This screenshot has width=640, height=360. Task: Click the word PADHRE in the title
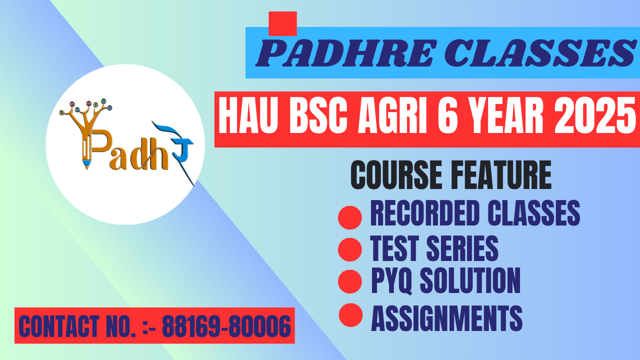(x=346, y=53)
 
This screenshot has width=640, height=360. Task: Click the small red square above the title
(x=282, y=23)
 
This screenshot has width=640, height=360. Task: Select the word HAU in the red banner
(x=248, y=115)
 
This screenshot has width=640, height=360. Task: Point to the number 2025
(x=595, y=115)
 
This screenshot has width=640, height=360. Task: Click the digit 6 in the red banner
(x=447, y=115)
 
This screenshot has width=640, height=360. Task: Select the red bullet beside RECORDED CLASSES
(x=349, y=217)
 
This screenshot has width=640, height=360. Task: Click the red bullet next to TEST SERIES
(x=349, y=249)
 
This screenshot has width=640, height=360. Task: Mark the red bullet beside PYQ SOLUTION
(x=349, y=281)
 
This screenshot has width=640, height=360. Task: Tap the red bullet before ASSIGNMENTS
(x=350, y=315)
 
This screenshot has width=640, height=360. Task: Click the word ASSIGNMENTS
(x=447, y=318)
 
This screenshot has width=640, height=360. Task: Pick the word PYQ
(x=391, y=280)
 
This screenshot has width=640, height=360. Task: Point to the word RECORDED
(x=425, y=213)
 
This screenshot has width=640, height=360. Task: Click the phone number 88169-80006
(x=226, y=326)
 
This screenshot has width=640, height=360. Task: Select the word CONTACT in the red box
(x=59, y=326)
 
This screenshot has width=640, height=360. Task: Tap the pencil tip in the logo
(x=87, y=165)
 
